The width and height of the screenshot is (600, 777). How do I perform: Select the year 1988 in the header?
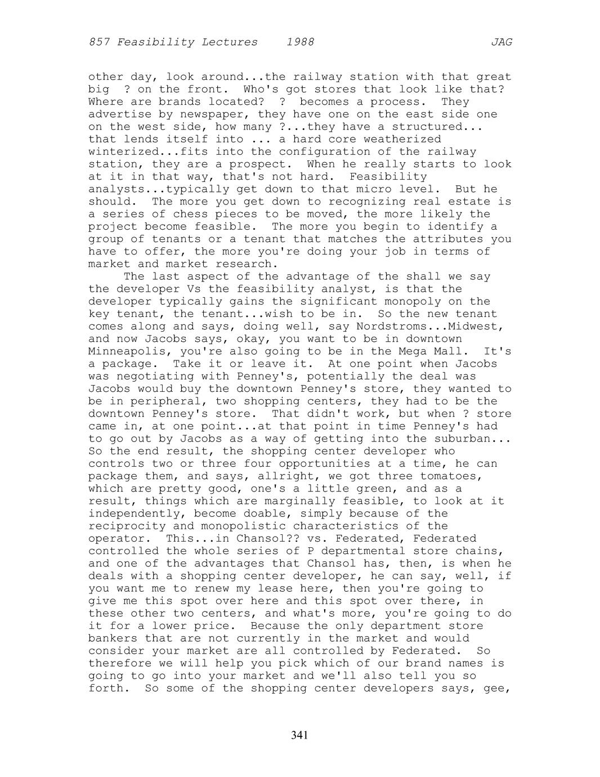[x=300, y=42]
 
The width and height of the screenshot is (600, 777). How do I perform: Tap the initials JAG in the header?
[x=502, y=42]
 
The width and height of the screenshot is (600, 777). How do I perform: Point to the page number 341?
[x=299, y=735]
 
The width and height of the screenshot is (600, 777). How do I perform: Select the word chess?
[x=191, y=214]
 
